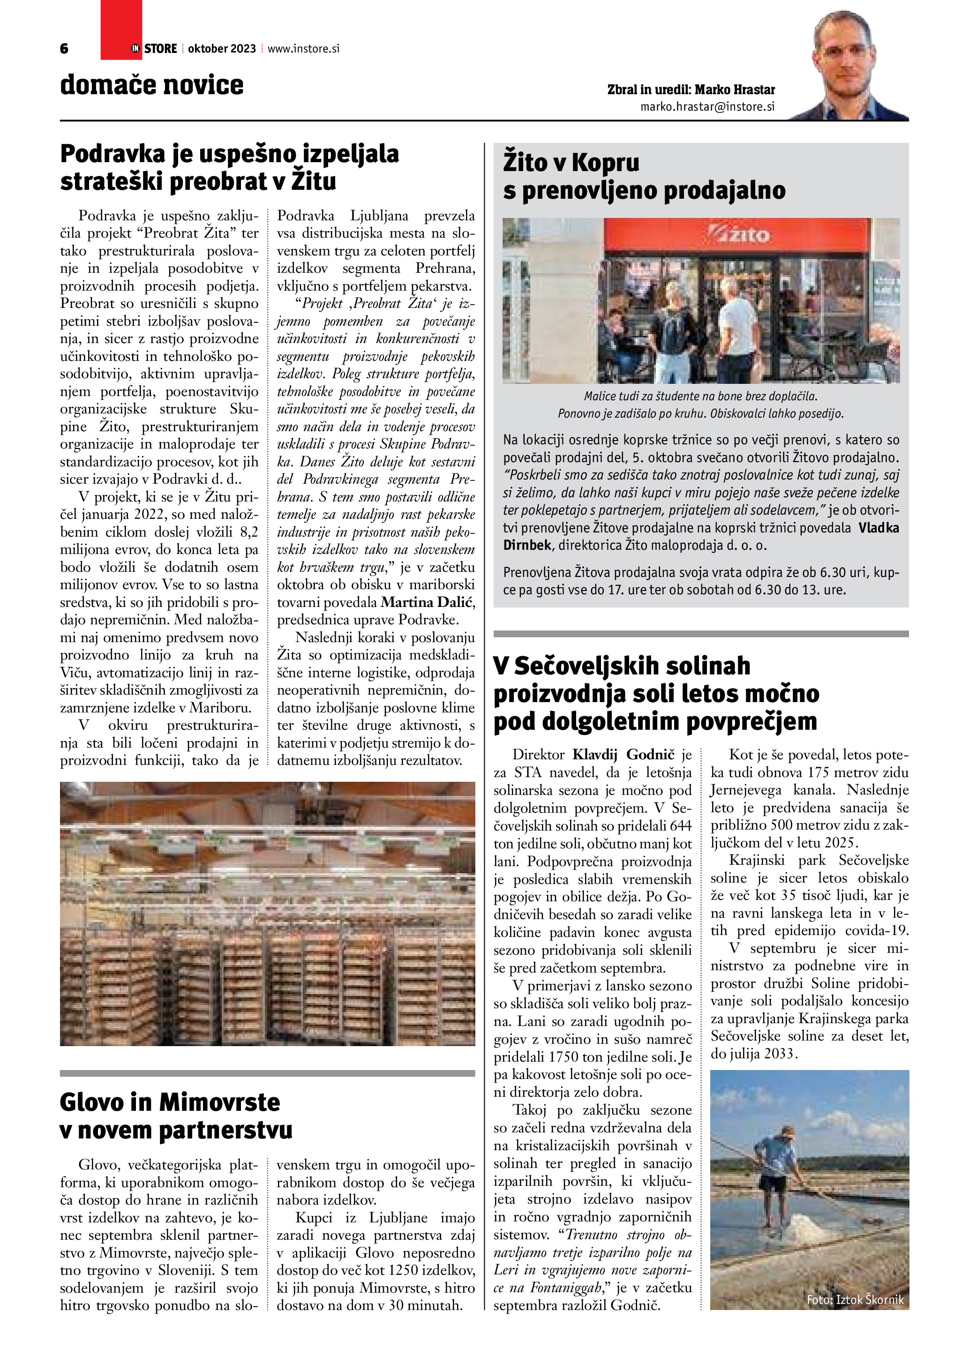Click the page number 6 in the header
point(64,49)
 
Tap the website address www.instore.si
point(303,49)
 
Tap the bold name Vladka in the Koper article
point(879,527)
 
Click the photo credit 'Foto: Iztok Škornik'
point(855,1300)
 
